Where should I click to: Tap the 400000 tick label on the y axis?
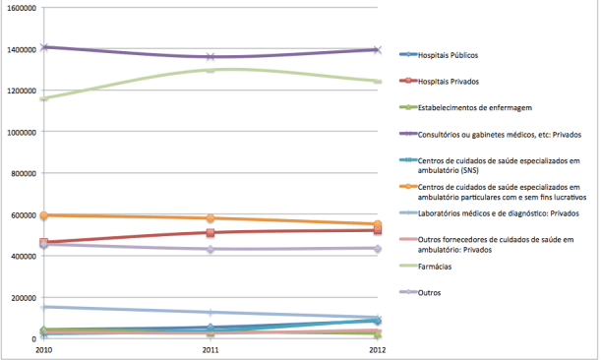tap(22, 256)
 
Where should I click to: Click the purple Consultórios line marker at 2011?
tap(210, 57)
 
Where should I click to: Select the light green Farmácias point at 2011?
tap(210, 69)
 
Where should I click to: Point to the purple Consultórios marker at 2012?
tap(377, 49)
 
